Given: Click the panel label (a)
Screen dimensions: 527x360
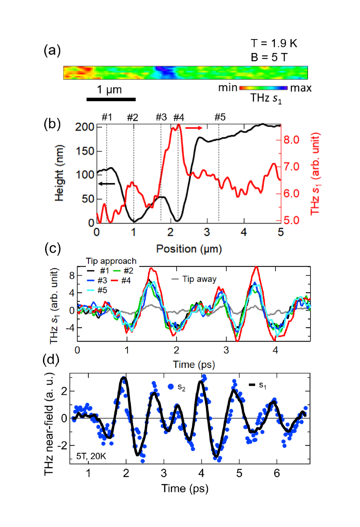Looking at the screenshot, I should pyautogui.click(x=52, y=51).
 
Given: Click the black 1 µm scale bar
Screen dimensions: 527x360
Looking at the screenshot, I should pyautogui.click(x=111, y=99).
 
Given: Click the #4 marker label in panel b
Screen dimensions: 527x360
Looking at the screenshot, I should pyautogui.click(x=179, y=118).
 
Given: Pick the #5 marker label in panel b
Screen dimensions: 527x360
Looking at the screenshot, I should pyautogui.click(x=220, y=118).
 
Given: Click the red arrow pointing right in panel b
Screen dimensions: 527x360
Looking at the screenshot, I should pyautogui.click(x=194, y=128).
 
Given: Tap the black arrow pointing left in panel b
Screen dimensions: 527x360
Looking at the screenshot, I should pyautogui.click(x=107, y=184).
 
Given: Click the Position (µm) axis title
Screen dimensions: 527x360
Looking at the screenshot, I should pyautogui.click(x=188, y=249).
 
